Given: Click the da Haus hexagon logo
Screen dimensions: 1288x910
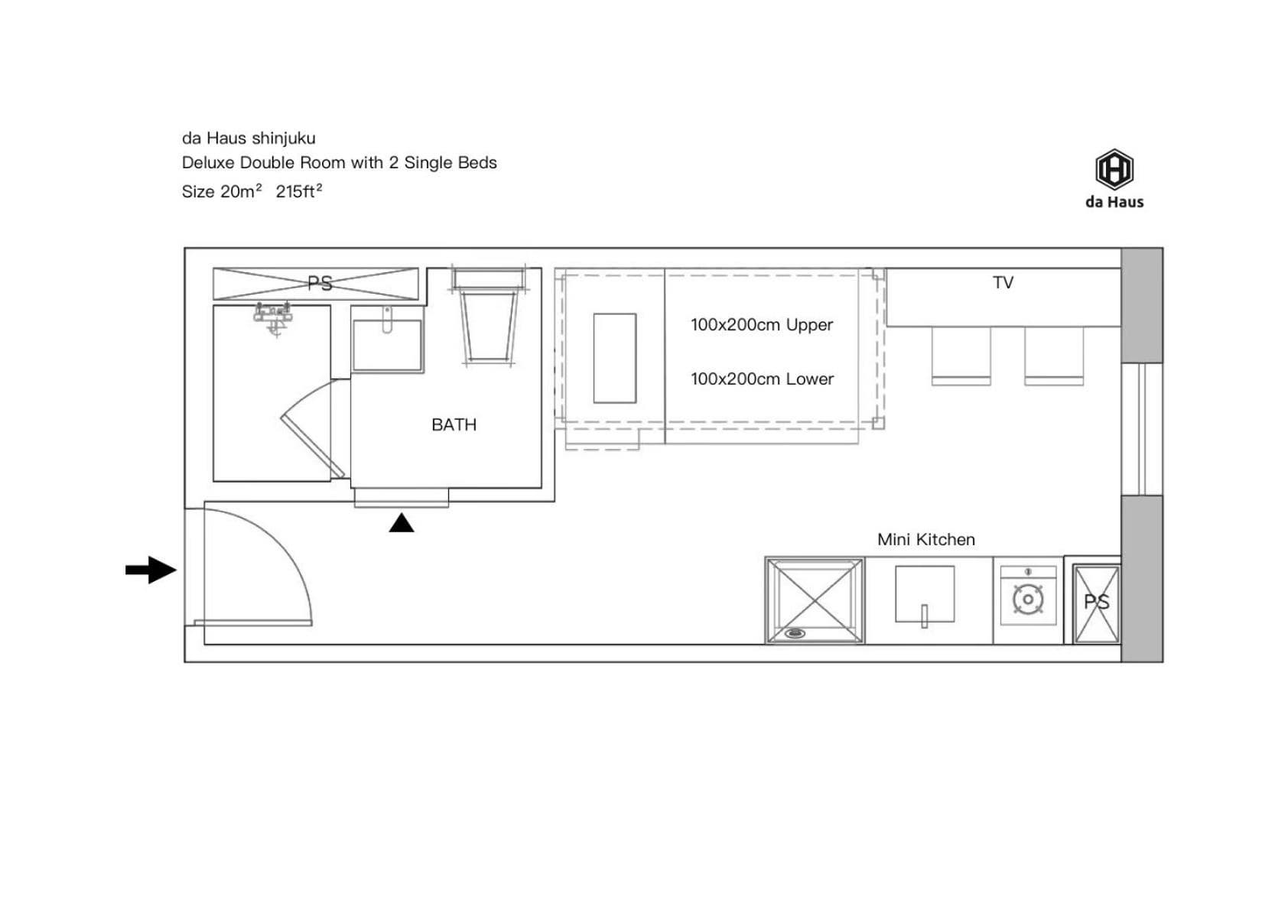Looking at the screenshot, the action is point(1114,169).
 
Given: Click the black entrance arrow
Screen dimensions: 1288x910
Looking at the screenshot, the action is point(151,570).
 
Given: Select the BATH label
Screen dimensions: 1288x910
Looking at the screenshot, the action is point(454,425).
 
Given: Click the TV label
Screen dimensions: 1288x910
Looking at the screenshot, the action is point(1003,282).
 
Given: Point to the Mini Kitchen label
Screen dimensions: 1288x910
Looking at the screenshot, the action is point(925,539).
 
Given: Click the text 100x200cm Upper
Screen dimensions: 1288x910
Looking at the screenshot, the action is point(761,325).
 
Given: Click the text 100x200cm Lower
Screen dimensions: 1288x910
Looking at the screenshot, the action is point(762,379).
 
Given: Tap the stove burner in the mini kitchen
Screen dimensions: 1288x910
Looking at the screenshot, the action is point(1028,600).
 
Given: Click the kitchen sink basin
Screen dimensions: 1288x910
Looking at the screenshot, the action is point(925,594).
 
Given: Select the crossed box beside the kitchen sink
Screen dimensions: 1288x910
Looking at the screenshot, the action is point(815,600).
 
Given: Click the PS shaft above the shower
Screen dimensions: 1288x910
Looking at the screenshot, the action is point(316,284).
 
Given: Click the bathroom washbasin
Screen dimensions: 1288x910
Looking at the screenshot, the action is point(387,344).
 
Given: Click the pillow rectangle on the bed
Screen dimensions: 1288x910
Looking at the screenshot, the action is point(615,358).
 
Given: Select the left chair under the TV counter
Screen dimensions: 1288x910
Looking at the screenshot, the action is point(961,356).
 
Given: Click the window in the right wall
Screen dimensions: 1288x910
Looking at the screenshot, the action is point(1142,429).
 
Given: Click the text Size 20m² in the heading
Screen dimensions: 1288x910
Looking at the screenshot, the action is point(222,191).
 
